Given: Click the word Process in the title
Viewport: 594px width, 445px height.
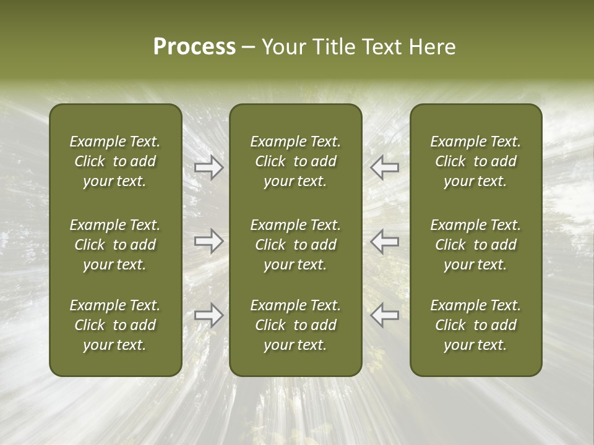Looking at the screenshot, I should (194, 47).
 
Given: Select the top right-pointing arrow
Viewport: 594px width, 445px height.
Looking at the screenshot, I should (209, 167).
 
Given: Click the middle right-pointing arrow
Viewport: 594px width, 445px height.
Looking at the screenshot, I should (209, 241).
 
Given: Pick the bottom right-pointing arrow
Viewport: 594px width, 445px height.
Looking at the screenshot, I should (209, 315).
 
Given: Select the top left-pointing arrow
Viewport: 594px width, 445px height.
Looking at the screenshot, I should (384, 167).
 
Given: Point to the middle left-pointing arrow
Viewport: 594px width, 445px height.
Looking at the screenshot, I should (384, 241).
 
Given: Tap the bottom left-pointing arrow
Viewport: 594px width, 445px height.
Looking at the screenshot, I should (384, 315).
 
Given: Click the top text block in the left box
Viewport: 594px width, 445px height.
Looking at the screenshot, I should (115, 161).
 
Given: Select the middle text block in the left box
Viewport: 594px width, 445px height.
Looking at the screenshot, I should (115, 245).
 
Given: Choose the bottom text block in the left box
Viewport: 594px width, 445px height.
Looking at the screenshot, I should (115, 325).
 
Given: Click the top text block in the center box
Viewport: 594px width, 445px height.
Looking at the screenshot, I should (296, 161).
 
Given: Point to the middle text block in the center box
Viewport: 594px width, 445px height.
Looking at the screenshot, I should (296, 245).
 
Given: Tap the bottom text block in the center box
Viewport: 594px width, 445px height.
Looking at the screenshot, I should (296, 325).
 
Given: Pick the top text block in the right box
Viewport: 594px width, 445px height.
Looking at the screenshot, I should (476, 161).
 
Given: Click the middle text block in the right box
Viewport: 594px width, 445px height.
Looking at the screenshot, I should (476, 245).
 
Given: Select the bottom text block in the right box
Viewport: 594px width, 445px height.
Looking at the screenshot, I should (476, 325).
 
